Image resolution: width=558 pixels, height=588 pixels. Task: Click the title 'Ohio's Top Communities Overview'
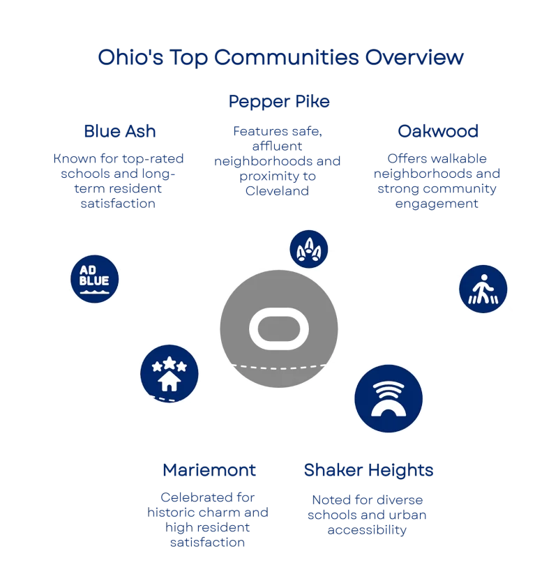280,58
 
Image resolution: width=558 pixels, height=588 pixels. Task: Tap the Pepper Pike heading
280,102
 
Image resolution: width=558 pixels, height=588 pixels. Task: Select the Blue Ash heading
119,131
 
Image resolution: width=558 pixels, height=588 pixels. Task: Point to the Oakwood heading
437,131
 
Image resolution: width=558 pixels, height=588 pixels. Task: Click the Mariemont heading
209,471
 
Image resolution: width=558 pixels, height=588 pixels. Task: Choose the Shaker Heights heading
368,471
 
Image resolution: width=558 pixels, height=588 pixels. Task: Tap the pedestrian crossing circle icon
483,288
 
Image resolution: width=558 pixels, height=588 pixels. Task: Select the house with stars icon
169,373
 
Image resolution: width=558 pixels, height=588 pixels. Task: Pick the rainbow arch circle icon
389,398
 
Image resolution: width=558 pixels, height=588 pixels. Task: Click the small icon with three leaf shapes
309,248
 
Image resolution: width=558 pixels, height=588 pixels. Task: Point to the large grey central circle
279,300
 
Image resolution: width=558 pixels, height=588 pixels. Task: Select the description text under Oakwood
437,181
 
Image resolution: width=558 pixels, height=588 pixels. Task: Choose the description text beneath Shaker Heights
368,515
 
